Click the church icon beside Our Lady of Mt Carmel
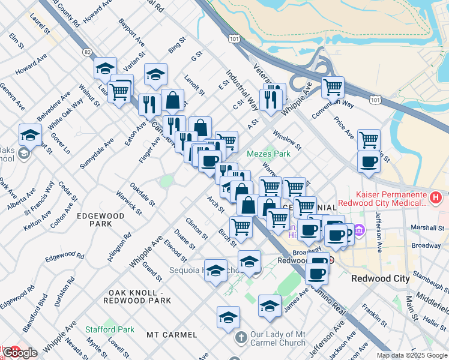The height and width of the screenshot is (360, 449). point(241,338)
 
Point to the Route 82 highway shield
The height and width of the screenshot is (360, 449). point(88,53)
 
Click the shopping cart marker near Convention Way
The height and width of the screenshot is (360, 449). point(333,88)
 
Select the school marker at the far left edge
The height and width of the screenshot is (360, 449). point(30,136)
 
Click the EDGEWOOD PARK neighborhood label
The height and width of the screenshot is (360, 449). point(100,220)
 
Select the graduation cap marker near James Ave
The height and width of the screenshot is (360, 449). point(270,306)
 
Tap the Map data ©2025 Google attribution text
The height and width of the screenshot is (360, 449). point(412,355)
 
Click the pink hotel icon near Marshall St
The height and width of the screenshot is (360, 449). point(360,230)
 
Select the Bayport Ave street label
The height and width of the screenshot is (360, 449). point(131,35)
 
